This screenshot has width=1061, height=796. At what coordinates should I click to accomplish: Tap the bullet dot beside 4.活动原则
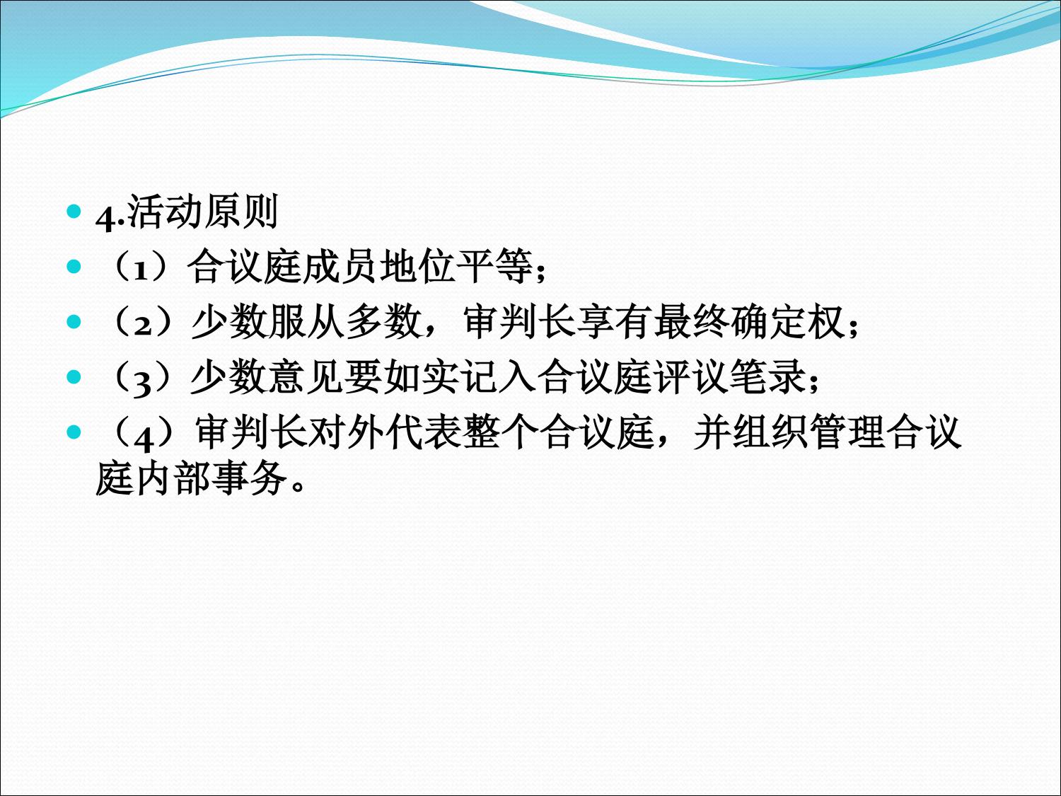(x=74, y=211)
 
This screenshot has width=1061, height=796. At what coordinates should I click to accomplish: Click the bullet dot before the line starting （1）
(x=74, y=266)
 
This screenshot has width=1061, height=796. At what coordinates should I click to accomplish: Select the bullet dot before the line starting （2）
(x=74, y=321)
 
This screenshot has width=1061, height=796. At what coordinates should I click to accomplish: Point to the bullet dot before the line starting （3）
(x=74, y=376)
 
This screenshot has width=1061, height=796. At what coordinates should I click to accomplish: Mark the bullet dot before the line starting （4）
(x=74, y=432)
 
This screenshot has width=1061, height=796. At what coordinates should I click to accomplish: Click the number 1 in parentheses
(x=141, y=272)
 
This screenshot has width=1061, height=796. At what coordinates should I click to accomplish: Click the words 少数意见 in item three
(x=267, y=376)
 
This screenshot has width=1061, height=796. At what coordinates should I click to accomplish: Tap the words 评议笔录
(x=729, y=376)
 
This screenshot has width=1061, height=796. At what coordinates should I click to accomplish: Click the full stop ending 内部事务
(x=298, y=486)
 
